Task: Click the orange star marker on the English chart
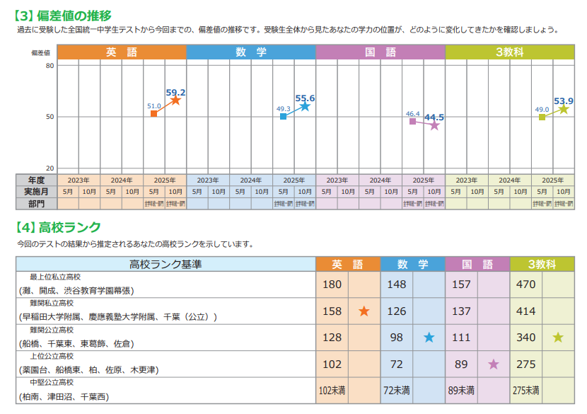click(175, 100)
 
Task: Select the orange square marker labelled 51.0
click(154, 113)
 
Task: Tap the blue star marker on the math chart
click(305, 106)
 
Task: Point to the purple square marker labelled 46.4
click(413, 121)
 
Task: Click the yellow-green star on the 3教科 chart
click(564, 109)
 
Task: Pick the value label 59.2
click(176, 92)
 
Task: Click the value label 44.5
click(434, 117)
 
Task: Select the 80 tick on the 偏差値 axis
click(50, 66)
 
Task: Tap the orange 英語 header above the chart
click(122, 52)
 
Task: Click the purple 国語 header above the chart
click(380, 52)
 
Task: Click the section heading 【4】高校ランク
click(58, 227)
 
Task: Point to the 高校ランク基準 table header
click(165, 264)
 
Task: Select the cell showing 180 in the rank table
click(332, 284)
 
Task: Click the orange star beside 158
click(364, 311)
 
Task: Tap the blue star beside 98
click(429, 338)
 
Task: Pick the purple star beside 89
click(493, 364)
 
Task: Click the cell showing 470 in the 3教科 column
click(525, 284)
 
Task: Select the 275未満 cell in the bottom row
click(525, 390)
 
